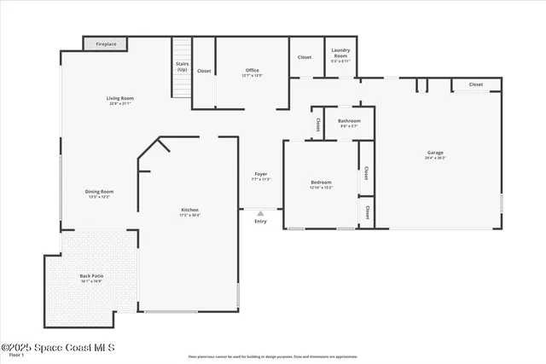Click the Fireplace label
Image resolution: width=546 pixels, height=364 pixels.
click(106, 43)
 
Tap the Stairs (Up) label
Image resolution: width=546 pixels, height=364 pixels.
click(182, 66)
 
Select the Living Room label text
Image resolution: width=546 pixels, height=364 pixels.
click(120, 99)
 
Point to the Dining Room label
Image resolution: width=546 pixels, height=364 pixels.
click(99, 192)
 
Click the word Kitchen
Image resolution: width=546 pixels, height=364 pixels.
click(189, 211)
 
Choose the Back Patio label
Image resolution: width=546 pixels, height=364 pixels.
click(92, 276)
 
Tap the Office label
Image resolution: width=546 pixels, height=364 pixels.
click(252, 71)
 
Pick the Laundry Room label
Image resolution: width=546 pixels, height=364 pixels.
click(340, 54)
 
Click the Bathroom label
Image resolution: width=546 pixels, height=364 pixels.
click(349, 121)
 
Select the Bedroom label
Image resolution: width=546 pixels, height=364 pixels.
click(321, 183)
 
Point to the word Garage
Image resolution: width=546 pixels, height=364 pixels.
click(435, 153)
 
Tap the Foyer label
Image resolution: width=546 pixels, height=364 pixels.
click(261, 174)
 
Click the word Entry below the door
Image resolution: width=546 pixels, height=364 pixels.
click(261, 222)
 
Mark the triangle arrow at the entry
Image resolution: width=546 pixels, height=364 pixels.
click(261, 214)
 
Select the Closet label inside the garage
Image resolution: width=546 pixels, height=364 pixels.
click(475, 84)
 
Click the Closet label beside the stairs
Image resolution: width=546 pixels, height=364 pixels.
click(204, 71)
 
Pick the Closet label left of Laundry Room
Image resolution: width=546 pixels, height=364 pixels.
click(305, 57)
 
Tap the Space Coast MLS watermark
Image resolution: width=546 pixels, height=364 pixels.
click(57, 348)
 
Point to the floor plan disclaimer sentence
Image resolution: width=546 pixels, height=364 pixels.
click(273, 356)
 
